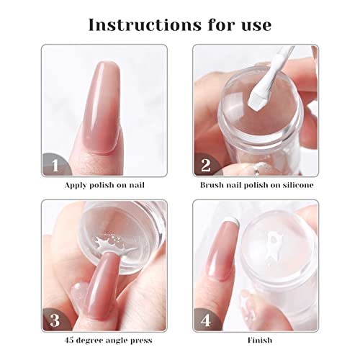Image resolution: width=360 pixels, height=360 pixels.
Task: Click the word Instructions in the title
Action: click(x=145, y=24)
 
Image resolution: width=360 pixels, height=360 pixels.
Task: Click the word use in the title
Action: click(x=256, y=26)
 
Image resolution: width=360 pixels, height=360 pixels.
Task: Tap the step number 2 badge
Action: click(x=207, y=164)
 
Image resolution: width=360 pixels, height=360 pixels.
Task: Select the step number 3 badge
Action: click(x=55, y=320)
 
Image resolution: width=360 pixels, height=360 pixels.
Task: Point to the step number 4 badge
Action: click(x=207, y=320)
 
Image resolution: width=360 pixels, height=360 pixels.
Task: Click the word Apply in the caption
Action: click(x=76, y=186)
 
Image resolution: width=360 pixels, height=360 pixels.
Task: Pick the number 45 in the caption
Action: click(x=70, y=341)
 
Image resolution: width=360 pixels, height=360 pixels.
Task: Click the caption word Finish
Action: click(x=260, y=340)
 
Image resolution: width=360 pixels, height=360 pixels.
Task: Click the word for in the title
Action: click(x=222, y=24)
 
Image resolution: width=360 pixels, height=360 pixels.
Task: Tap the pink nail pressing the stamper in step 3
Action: click(x=104, y=286)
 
